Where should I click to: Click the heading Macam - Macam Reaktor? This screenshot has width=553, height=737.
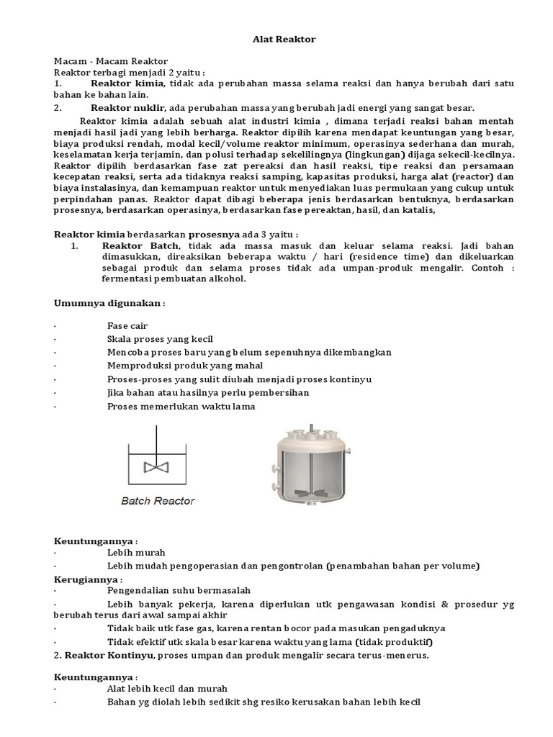[x=111, y=62]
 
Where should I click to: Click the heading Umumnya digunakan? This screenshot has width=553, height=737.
[x=109, y=303]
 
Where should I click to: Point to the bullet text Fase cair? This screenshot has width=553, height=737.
[x=127, y=326]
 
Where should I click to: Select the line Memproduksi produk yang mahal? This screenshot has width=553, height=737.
[x=176, y=366]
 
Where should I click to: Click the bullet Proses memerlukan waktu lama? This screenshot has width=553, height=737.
[x=181, y=406]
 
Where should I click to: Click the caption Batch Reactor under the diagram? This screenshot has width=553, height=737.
[x=158, y=501]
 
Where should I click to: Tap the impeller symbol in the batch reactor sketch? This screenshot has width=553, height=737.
[x=155, y=467]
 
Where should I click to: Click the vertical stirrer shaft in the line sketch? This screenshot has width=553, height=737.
[x=155, y=441]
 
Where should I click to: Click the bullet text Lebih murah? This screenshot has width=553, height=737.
[x=136, y=552]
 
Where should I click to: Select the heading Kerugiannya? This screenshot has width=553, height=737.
[x=88, y=579]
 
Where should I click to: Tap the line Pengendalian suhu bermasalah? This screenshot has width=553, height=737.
[x=179, y=592]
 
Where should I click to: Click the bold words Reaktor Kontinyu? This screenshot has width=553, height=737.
[x=109, y=655]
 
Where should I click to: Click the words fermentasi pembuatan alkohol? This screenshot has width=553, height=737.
[x=174, y=279]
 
